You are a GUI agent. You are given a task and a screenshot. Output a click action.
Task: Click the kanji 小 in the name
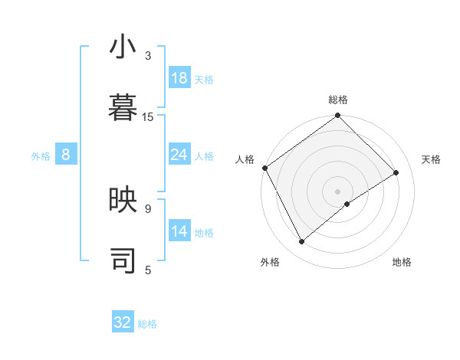(123, 47)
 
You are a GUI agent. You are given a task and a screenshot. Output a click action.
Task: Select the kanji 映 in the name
(123, 200)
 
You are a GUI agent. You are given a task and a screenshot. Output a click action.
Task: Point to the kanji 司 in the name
(123, 260)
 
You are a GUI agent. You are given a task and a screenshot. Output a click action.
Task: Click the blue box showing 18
(179, 78)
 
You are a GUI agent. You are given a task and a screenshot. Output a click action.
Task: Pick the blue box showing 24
(179, 155)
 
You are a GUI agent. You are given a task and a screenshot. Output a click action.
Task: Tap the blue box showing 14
(179, 231)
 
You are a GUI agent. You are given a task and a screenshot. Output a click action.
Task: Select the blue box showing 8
(66, 155)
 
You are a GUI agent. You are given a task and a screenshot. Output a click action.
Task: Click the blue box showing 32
(123, 322)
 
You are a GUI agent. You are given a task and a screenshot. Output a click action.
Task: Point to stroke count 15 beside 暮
(148, 116)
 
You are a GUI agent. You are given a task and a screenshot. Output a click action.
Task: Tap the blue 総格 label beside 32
(147, 324)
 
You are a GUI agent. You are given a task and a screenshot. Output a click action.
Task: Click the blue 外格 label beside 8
(41, 156)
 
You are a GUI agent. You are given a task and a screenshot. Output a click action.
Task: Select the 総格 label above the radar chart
(338, 100)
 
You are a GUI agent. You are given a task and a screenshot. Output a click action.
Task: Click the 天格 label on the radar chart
(431, 159)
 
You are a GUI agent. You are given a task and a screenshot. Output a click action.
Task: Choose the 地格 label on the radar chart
(402, 262)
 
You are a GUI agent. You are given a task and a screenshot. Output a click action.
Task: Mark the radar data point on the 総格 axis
(338, 116)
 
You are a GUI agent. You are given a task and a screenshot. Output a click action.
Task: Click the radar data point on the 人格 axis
(264, 168)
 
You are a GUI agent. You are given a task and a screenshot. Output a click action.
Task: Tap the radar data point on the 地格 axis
(347, 204)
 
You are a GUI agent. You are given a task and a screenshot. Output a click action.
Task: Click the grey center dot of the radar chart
(337, 191)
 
